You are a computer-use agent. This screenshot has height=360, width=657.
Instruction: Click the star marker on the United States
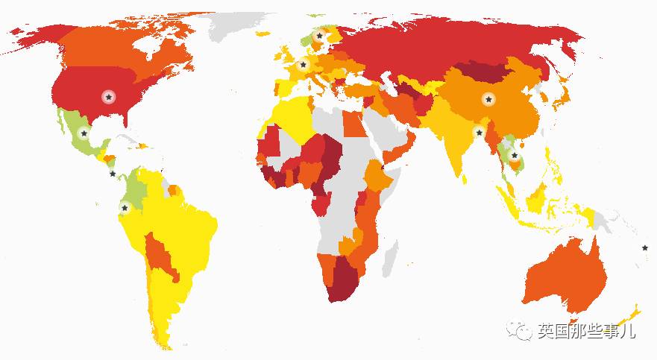(x=109, y=97)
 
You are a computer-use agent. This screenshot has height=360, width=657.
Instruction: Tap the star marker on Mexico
(x=84, y=133)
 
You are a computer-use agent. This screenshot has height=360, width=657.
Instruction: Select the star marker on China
(x=488, y=99)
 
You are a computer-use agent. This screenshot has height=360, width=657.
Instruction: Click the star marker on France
(x=303, y=66)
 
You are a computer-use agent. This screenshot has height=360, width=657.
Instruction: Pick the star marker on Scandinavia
(x=320, y=35)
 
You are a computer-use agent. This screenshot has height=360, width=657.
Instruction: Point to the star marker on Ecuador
(x=125, y=206)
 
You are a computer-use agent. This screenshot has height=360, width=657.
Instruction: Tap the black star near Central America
(x=113, y=174)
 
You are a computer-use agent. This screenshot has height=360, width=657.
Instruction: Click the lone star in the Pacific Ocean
(x=645, y=247)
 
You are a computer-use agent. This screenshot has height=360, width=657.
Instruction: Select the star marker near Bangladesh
(x=479, y=132)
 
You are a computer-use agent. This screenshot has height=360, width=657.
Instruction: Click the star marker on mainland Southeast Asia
(x=514, y=155)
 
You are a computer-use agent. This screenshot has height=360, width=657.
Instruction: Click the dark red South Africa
(x=343, y=280)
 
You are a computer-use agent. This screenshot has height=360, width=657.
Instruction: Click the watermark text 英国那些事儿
(x=586, y=331)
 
